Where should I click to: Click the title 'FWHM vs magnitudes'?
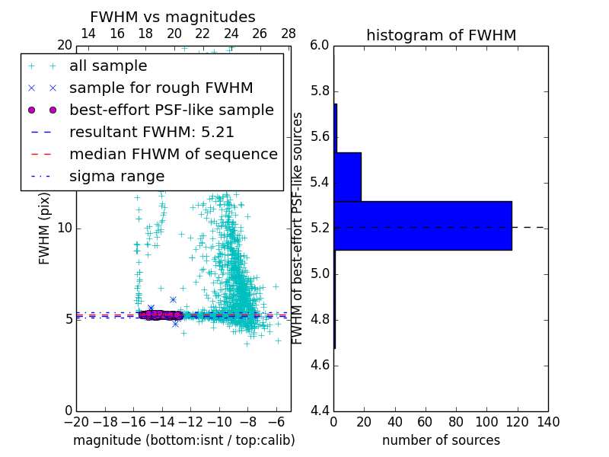pos(173,17)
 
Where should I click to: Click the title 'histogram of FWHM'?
pos(441,35)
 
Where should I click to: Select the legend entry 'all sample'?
pos(108,66)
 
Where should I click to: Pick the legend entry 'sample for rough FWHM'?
pos(161,88)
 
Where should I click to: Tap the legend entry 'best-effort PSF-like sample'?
pos(171,110)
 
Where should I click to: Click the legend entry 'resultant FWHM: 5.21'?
pos(151,133)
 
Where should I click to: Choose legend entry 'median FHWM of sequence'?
pos(173,155)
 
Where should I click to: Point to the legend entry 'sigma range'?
pos(116,177)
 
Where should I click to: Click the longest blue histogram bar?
pos(422,225)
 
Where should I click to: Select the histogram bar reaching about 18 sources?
pos(347,177)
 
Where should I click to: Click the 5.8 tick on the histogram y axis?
pos(320,91)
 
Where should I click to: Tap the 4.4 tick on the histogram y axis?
pos(320,411)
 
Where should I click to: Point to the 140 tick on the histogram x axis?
pos(547,422)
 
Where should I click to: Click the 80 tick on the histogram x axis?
pos(456,422)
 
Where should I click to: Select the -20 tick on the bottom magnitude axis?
pos(76,422)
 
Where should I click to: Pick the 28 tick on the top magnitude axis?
pos(289,34)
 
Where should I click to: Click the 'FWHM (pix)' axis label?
pos(45,228)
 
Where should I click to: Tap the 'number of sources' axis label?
pos(441,440)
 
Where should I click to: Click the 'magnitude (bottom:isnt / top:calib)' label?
pos(183,440)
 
